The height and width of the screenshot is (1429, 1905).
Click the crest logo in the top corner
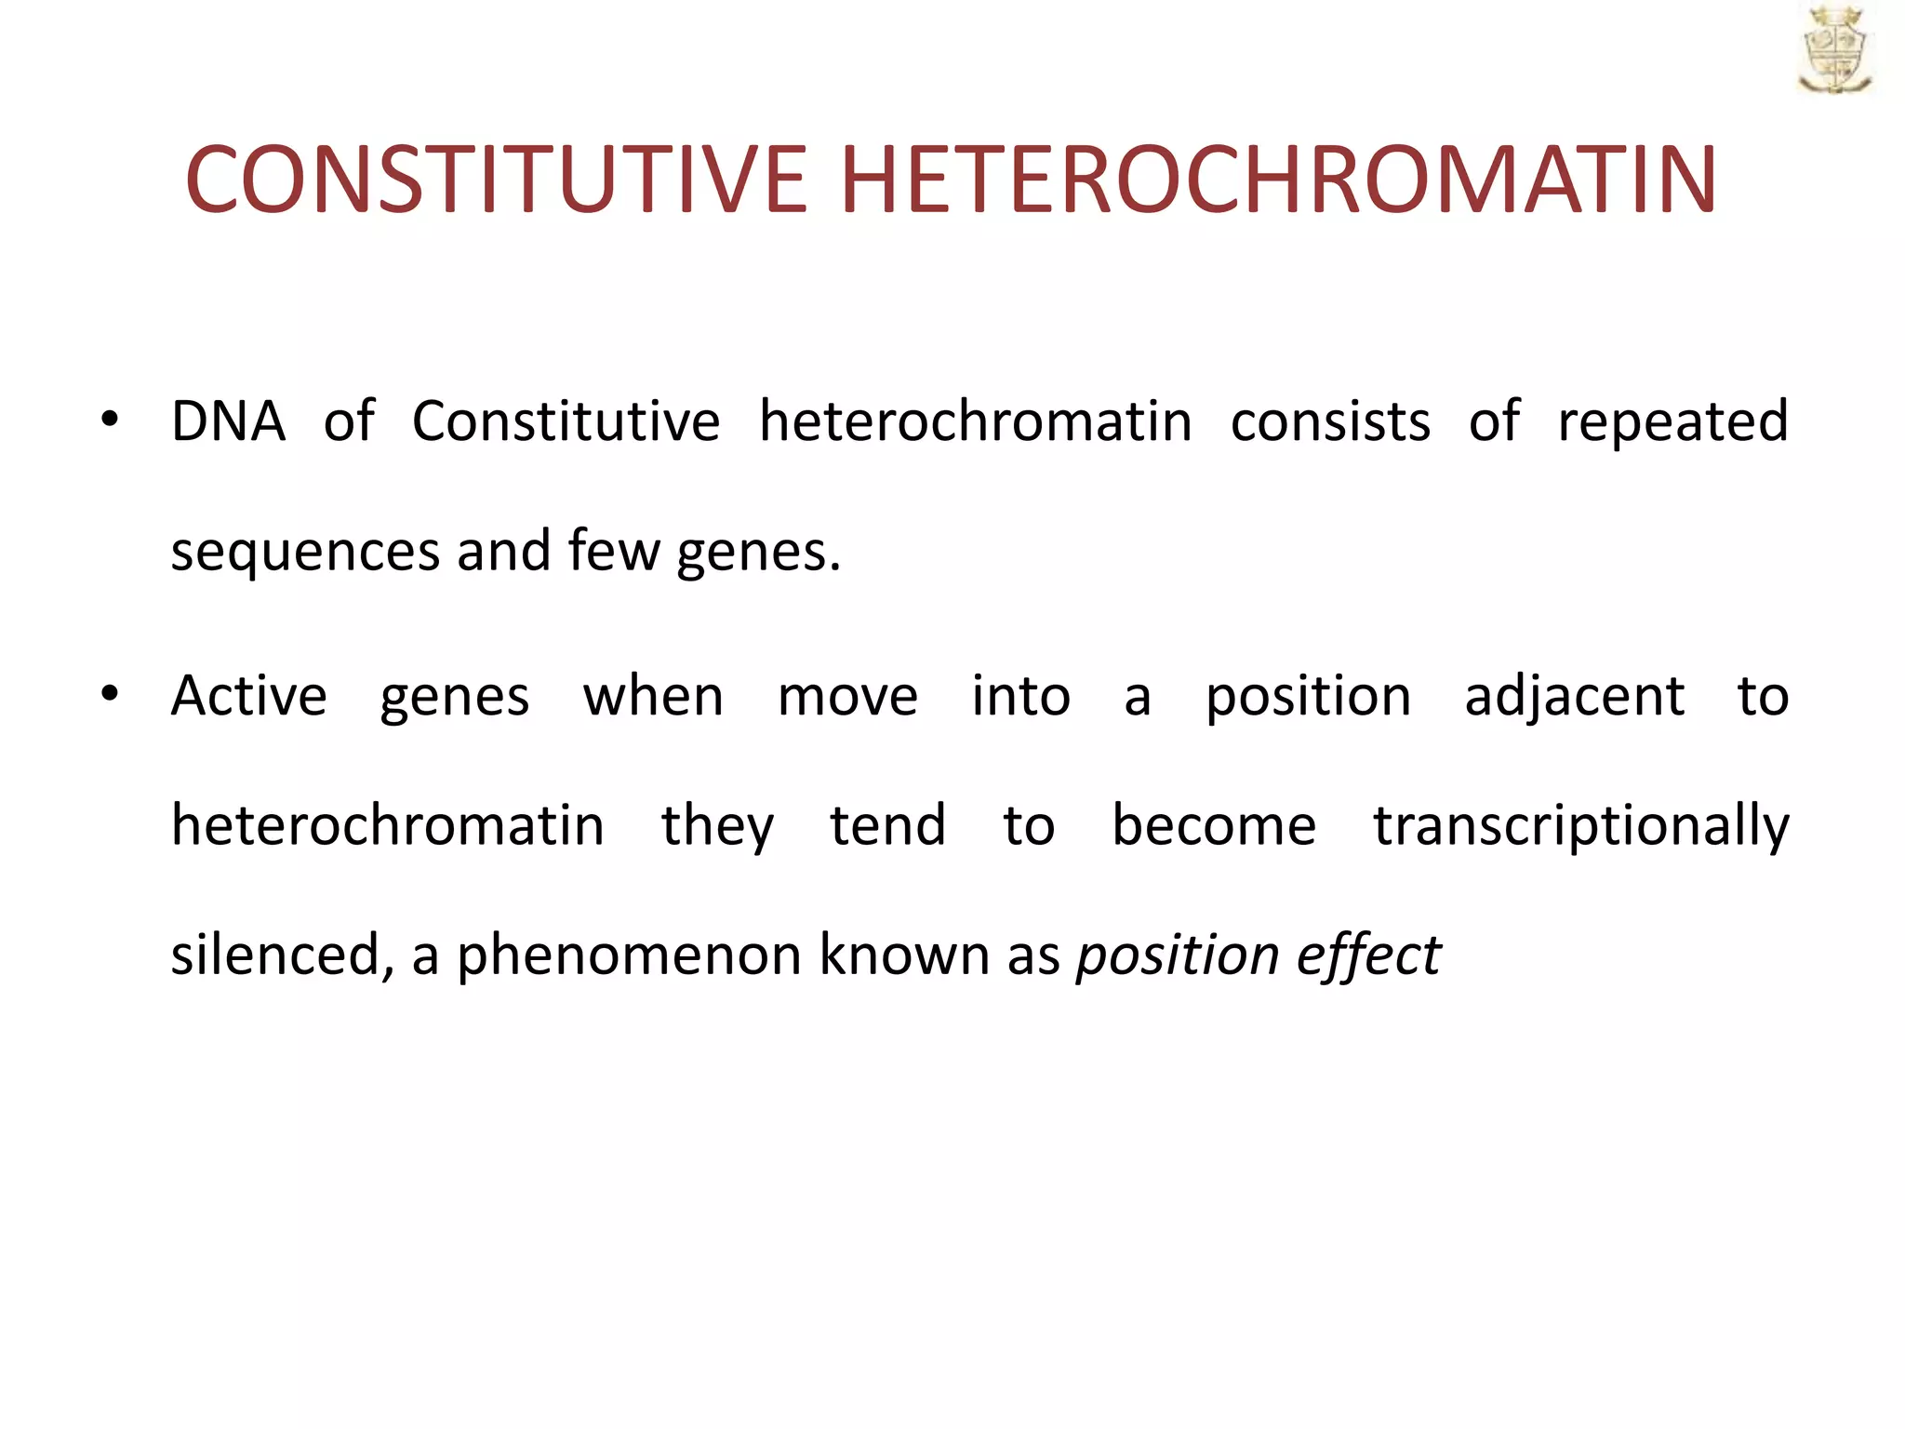point(1834,51)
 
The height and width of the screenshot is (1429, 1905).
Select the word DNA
point(228,421)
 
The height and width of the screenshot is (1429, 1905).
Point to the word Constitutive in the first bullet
point(566,421)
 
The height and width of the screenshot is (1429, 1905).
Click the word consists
point(1330,421)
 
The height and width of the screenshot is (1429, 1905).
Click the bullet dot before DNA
point(110,420)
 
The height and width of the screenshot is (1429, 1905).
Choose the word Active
point(248,696)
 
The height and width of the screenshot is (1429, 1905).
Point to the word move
point(847,698)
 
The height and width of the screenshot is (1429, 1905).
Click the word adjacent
point(1574,698)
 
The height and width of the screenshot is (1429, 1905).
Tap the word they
point(717,826)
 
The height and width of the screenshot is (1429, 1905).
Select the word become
point(1214,825)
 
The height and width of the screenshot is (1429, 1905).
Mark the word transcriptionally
point(1581,826)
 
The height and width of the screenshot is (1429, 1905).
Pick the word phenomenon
point(629,957)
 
